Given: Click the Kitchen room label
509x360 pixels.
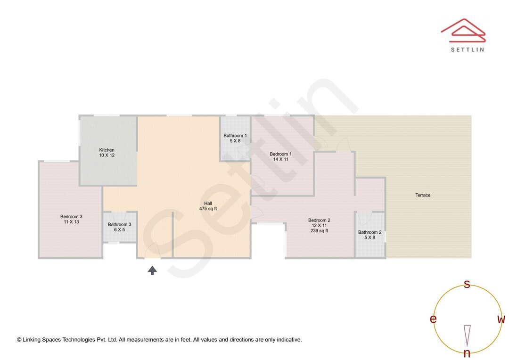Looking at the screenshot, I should pos(107,150).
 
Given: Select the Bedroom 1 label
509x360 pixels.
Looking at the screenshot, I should pos(280,154).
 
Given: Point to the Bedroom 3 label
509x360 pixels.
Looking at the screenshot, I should pos(71,216).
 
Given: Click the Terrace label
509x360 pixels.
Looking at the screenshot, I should pos(423,195).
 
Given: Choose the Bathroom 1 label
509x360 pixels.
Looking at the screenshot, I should pos(235,136).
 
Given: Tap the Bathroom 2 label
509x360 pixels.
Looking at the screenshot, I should pos(370,232).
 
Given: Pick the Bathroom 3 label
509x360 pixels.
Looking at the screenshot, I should pos(120,225).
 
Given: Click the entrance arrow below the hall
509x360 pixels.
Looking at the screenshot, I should pos(152,270).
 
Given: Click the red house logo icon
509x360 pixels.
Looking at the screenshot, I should pos(463,29).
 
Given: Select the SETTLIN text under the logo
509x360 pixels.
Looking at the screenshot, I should pos(467,49).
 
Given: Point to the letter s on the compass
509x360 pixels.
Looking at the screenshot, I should pos(467,284).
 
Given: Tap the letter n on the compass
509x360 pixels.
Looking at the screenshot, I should pos(467,353).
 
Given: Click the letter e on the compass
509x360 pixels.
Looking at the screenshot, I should pos(433,319).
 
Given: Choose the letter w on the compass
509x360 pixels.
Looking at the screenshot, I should pos(501,319).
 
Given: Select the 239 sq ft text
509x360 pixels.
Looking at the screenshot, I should pos(319,231).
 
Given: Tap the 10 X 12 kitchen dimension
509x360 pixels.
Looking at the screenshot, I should pos(107,155).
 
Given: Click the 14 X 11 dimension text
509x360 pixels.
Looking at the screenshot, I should pos(280,159).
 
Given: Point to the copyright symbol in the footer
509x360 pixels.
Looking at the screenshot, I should pos(19,340).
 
